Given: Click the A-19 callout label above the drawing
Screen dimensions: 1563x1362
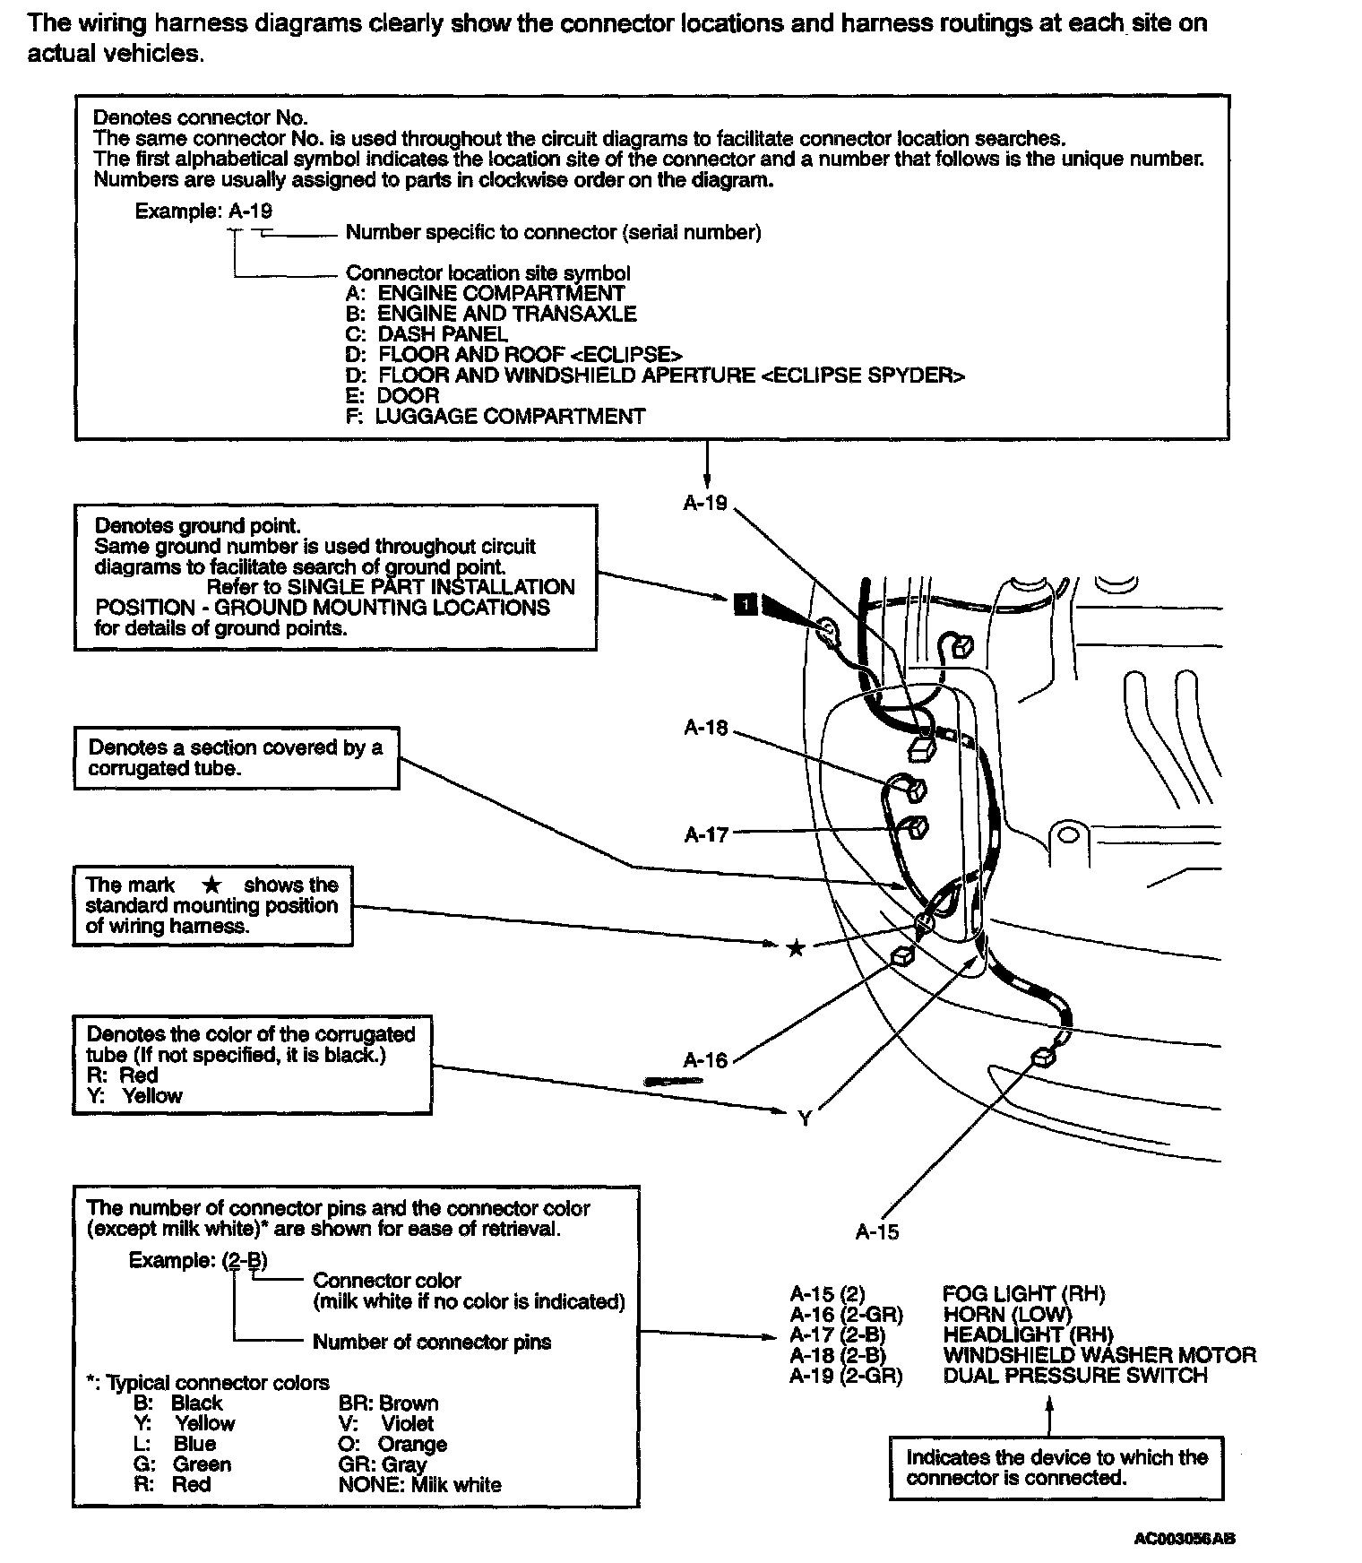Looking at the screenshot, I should click(x=705, y=503).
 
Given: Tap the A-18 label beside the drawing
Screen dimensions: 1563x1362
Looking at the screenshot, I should click(x=706, y=728).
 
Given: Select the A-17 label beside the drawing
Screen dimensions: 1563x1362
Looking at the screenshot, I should click(x=706, y=834).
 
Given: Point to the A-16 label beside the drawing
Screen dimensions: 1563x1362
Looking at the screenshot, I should click(x=705, y=1060).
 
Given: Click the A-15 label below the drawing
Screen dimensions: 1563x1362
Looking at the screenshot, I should click(x=876, y=1232).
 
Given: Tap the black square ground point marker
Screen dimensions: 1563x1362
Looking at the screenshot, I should click(x=745, y=605).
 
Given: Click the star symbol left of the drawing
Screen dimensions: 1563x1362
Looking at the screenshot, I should click(x=795, y=948).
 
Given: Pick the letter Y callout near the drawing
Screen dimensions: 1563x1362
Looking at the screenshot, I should click(x=804, y=1118).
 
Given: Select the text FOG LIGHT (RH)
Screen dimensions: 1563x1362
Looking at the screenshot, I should click(x=1023, y=1293).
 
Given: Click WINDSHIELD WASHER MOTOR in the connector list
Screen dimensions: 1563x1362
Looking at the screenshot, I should click(x=1099, y=1355).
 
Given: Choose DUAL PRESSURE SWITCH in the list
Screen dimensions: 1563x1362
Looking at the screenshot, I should click(x=1075, y=1376).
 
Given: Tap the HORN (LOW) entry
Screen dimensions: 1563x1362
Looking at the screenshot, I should click(x=1007, y=1314).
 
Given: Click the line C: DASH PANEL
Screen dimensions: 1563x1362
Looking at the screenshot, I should click(x=427, y=334).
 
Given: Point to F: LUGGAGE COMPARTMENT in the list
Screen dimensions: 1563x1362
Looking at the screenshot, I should click(x=496, y=416).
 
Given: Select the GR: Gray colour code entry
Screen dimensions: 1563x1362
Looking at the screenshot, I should click(x=383, y=1464).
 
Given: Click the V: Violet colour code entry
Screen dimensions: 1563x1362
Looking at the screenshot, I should click(x=386, y=1423).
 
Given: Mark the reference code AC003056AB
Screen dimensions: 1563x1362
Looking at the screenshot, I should click(x=1185, y=1539).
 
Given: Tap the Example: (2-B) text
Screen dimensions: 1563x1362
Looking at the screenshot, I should click(x=198, y=1260).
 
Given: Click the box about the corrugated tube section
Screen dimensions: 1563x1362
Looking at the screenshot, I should click(x=237, y=758).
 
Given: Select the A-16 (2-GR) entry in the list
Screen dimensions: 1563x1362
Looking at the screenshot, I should click(x=846, y=1314).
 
